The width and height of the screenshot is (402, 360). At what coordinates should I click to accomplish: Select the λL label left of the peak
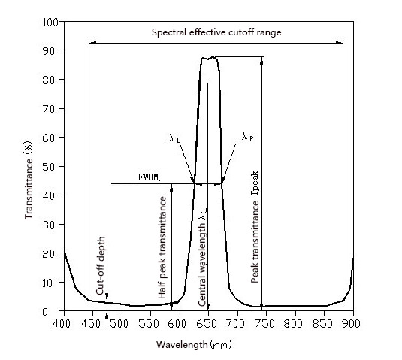[x=174, y=138]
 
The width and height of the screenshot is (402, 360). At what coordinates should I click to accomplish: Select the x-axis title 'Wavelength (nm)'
[x=207, y=345]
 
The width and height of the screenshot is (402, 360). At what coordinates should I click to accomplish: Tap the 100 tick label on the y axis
[x=50, y=22]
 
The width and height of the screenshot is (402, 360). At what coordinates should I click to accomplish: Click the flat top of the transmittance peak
[x=208, y=58]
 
